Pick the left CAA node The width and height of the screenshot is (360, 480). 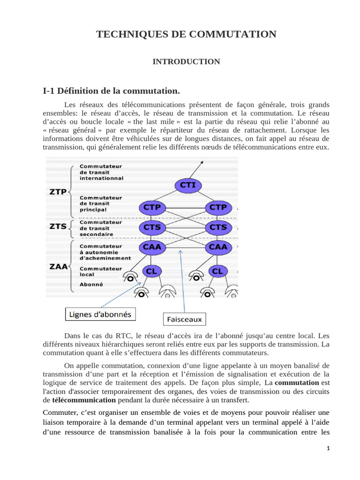tap(151, 247)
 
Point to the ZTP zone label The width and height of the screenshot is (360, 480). tap(57, 192)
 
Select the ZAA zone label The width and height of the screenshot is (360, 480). tap(57, 267)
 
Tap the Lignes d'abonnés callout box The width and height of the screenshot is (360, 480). tap(100, 314)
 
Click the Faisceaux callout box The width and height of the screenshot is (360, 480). tap(185, 320)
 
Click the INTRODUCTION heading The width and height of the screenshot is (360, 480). tap(186, 61)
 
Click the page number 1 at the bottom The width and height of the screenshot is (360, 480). tap(329, 449)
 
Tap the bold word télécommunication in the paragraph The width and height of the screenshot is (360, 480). tap(84, 400)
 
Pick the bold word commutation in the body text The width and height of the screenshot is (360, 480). tap(297, 383)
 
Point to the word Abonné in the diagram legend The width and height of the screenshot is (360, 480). tap(91, 284)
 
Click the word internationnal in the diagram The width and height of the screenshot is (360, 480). tap(101, 178)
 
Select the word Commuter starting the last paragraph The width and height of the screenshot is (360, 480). tap(59, 412)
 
